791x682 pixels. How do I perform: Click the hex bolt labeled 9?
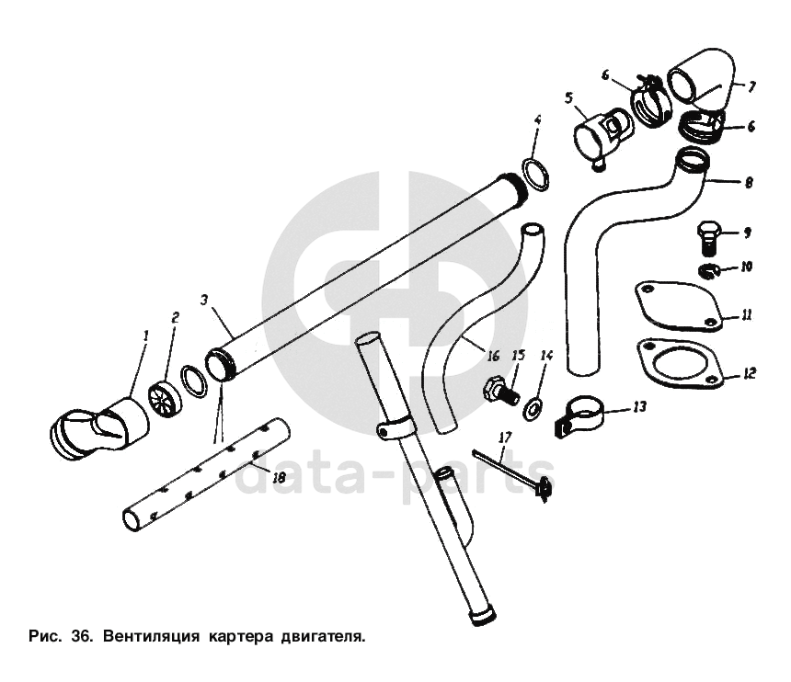707,238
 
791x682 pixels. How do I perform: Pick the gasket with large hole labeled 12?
681,364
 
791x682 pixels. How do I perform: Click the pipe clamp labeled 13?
579,414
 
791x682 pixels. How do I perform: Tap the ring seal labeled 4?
535,174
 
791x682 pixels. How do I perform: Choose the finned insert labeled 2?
163,394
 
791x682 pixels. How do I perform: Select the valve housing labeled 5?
602,136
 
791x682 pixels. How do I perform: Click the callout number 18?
279,477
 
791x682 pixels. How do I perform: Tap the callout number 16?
493,356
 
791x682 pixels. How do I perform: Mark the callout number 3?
204,300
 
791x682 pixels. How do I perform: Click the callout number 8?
749,182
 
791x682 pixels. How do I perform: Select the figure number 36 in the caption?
82,636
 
